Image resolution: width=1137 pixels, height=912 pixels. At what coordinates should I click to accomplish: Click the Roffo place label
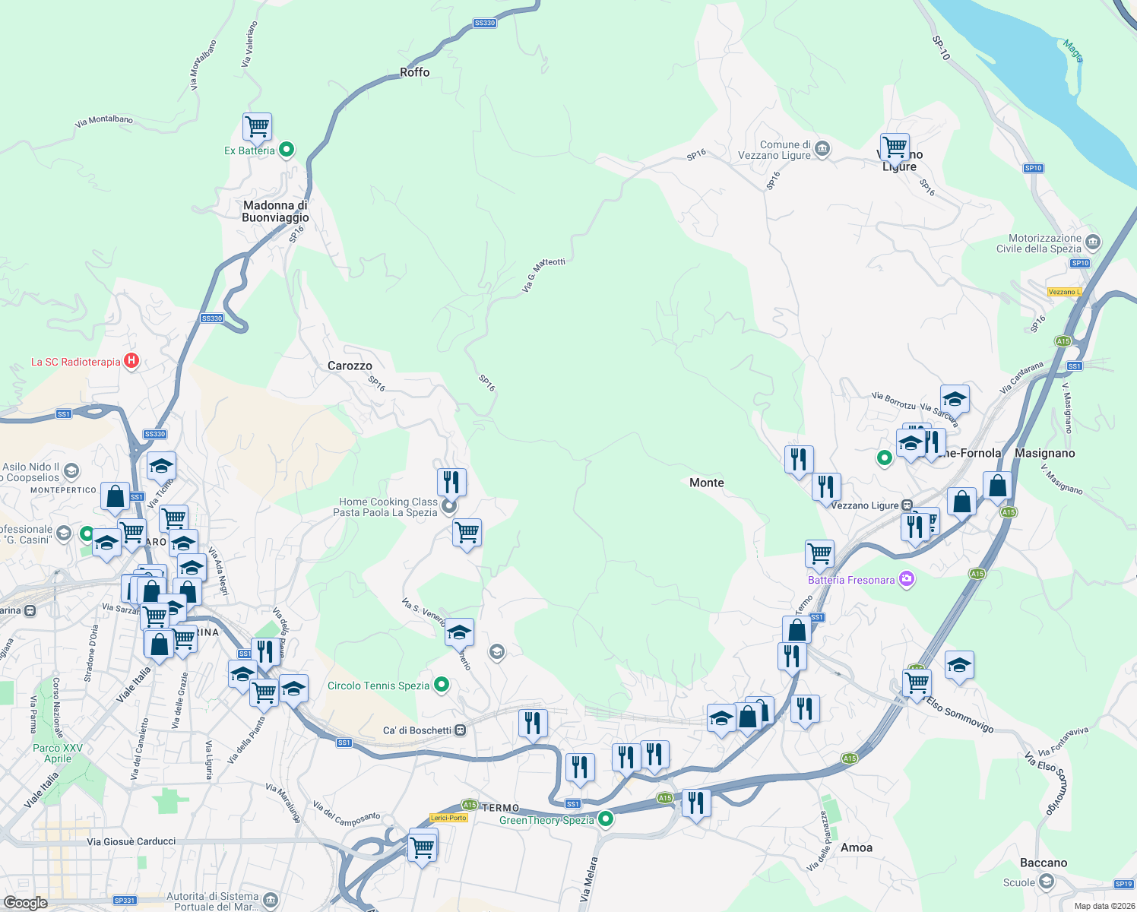(x=414, y=72)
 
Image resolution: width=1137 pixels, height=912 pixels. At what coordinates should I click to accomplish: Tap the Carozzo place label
(x=350, y=366)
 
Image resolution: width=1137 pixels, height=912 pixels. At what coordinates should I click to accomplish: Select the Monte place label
(x=706, y=483)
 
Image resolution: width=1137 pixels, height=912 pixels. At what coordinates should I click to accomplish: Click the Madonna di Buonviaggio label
(x=275, y=211)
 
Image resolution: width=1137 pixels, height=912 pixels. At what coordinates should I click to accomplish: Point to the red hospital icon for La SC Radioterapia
(x=131, y=361)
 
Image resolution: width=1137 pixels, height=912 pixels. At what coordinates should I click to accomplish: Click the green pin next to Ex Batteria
(x=287, y=150)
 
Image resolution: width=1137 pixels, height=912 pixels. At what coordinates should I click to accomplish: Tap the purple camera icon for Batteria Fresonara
(x=906, y=580)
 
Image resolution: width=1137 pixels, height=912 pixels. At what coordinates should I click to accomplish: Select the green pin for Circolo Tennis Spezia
(x=441, y=686)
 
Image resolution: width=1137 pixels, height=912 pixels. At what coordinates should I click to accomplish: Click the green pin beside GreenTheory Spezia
(x=606, y=819)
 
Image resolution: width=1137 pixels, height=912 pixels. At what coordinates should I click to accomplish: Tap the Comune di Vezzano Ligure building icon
(x=822, y=150)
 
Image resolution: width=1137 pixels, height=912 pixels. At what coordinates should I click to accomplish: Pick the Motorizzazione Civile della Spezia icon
(x=1093, y=242)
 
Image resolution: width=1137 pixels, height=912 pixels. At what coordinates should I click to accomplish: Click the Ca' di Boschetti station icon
(x=460, y=730)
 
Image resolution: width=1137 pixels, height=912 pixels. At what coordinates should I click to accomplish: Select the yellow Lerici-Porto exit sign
(x=448, y=818)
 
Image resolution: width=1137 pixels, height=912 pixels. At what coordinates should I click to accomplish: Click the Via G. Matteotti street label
(x=543, y=274)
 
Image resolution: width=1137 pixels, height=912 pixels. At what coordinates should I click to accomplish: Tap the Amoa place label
(x=857, y=847)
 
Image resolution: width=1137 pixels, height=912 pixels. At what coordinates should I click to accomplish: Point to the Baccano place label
(x=1043, y=863)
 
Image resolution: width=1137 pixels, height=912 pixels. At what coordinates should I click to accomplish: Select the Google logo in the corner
(x=25, y=903)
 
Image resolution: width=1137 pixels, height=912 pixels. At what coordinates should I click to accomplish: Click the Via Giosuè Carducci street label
(x=131, y=841)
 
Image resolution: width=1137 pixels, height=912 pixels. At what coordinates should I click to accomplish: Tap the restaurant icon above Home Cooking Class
(x=451, y=481)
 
